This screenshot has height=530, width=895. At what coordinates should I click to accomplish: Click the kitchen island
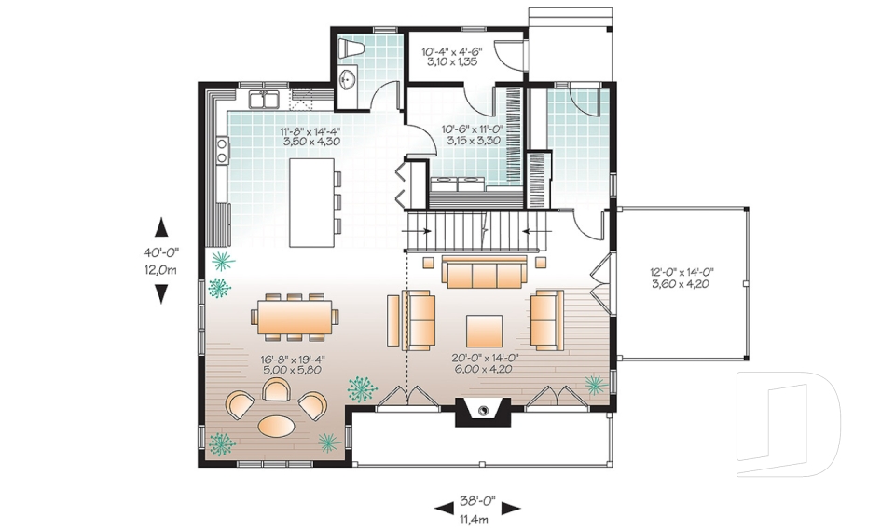click(310, 202)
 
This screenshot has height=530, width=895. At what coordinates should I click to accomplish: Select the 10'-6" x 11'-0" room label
click(471, 135)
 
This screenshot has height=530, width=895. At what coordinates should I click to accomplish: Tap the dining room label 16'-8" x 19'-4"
click(294, 363)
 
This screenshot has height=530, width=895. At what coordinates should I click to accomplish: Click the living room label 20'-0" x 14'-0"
click(486, 363)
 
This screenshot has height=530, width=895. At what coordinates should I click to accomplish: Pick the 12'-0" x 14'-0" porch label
click(681, 278)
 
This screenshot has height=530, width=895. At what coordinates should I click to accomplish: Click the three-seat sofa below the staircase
click(482, 273)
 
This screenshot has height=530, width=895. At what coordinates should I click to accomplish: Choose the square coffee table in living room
click(484, 331)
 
